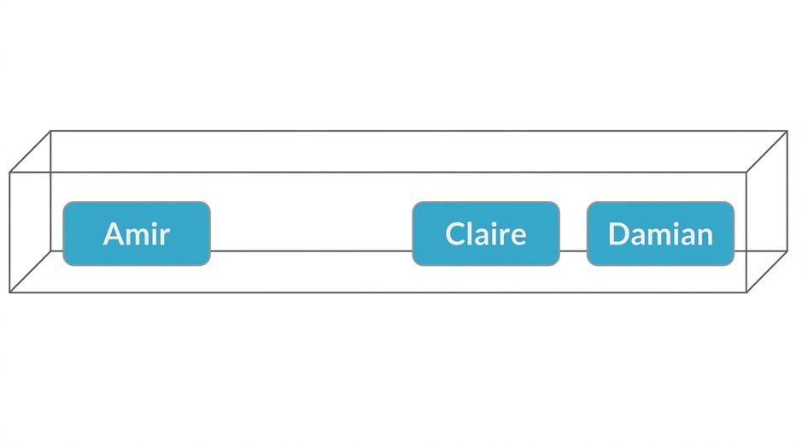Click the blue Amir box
pyautogui.click(x=137, y=233)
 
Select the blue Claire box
pyautogui.click(x=486, y=233)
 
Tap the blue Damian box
pyautogui.click(x=660, y=233)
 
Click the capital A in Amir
pyautogui.click(x=115, y=234)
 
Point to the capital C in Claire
pyautogui.click(x=455, y=234)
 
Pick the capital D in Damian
pyautogui.click(x=619, y=234)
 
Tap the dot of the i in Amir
pyautogui.click(x=152, y=224)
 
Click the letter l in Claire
pyautogui.click(x=471, y=233)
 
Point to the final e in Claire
pyautogui.click(x=518, y=237)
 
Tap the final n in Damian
pyautogui.click(x=705, y=237)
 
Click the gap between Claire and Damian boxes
pyautogui.click(x=573, y=233)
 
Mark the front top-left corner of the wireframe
pyautogui.click(x=9, y=173)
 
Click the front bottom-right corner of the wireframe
pyautogui.click(x=746, y=292)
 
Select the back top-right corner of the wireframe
pyautogui.click(x=787, y=131)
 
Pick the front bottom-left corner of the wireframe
pyautogui.click(x=9, y=292)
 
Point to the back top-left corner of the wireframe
pyautogui.click(x=50, y=131)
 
